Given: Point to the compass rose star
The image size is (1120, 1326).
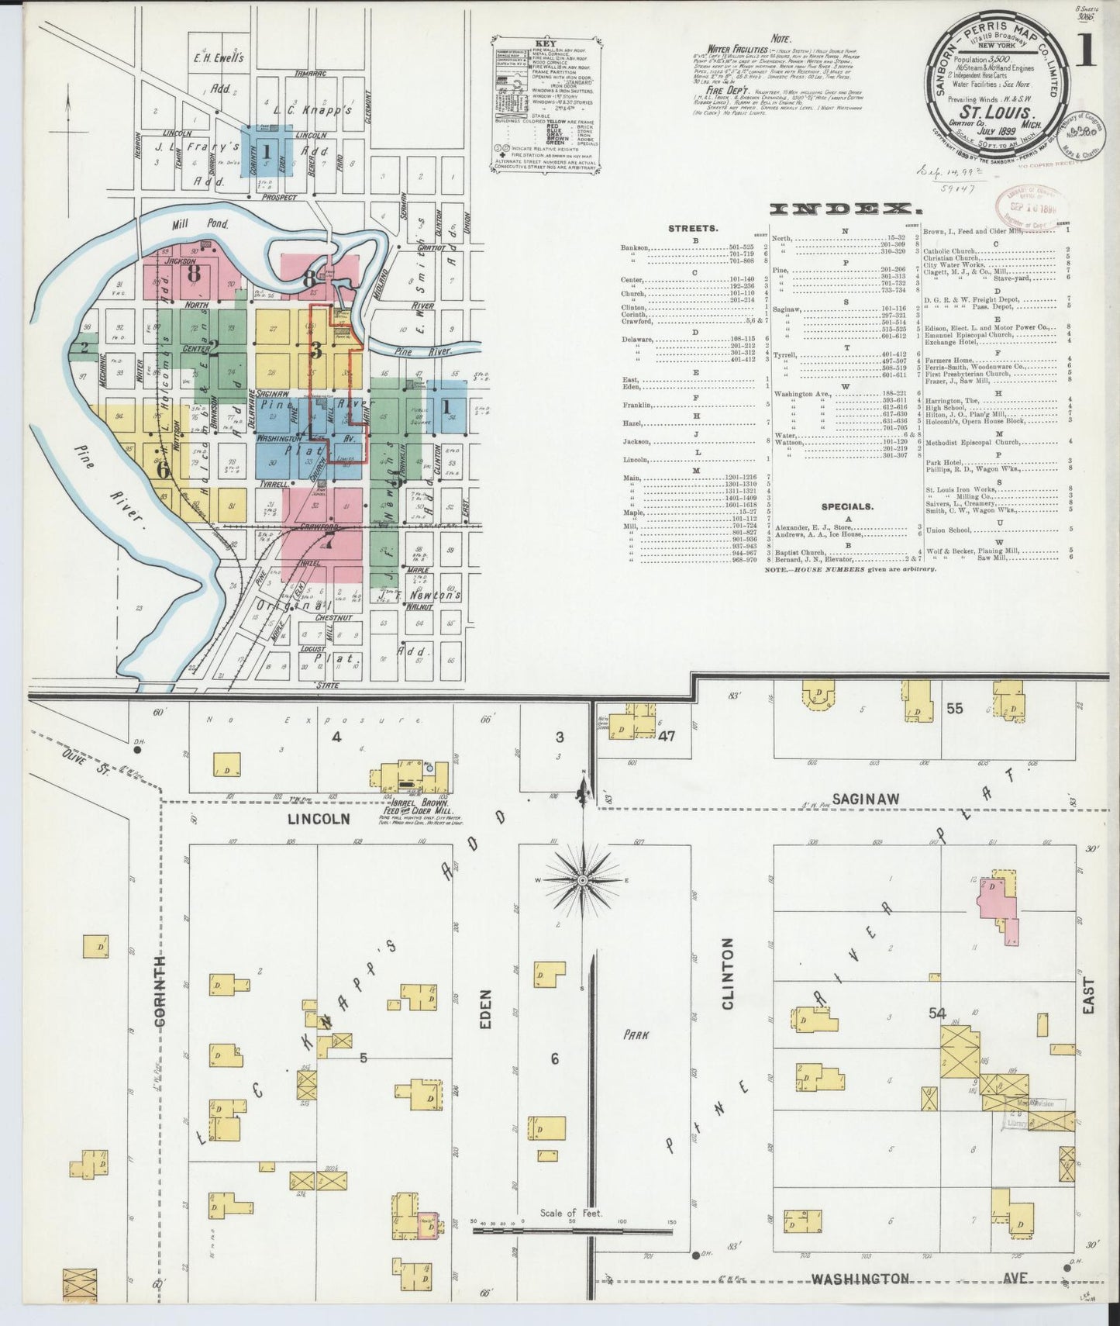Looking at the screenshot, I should click(x=582, y=880).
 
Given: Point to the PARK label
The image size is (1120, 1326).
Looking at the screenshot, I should click(x=639, y=1034).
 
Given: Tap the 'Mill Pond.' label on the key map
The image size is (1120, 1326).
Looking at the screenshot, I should click(x=187, y=224).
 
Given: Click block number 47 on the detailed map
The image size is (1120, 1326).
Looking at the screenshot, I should click(x=667, y=737).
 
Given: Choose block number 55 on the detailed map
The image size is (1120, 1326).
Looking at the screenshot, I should click(x=954, y=708).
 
